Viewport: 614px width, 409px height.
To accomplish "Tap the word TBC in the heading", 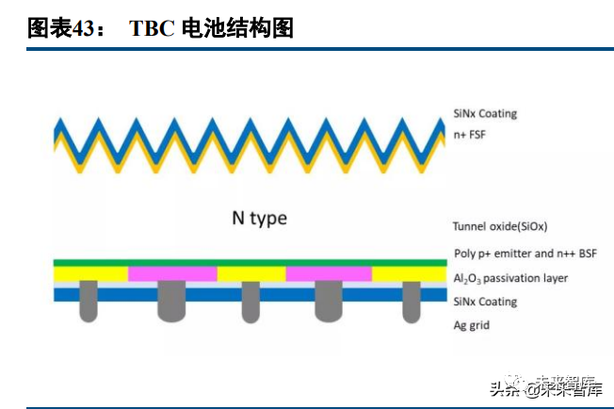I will point(152,28).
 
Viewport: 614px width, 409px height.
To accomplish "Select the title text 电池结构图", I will point(240,28).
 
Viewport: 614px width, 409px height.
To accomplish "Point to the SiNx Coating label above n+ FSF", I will point(485,114).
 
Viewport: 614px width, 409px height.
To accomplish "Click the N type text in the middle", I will point(259,219).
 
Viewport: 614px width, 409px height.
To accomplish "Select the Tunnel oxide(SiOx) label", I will point(500,226).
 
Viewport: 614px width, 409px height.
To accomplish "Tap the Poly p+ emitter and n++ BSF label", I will point(525,253).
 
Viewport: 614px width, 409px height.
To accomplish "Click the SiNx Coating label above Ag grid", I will point(485,302).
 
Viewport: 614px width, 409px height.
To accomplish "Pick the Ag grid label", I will point(471,325).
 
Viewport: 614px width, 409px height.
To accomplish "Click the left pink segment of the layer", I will point(172,273).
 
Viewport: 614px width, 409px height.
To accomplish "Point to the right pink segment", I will point(329,273).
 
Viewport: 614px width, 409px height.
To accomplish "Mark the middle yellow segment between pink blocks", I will point(250,273).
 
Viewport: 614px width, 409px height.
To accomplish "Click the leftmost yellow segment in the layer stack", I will point(90,273).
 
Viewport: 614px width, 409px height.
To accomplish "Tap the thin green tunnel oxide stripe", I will point(250,262).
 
